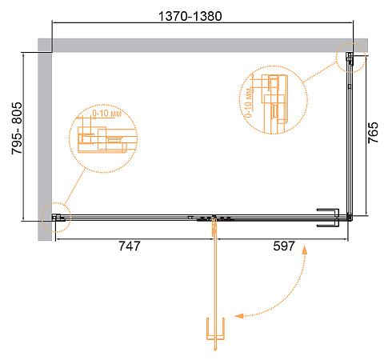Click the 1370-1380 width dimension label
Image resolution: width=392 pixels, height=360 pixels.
pyautogui.click(x=190, y=16)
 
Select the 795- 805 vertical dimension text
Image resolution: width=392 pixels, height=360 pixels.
pyautogui.click(x=17, y=128)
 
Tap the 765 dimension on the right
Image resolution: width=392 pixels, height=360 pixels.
pyautogui.click(x=373, y=133)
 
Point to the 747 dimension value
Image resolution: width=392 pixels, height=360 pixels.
pyautogui.click(x=130, y=246)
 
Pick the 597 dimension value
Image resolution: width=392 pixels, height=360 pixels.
pyautogui.click(x=284, y=246)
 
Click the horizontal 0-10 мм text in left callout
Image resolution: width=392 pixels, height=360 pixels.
pyautogui.click(x=107, y=114)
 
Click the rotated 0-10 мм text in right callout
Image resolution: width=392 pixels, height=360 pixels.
pyautogui.click(x=248, y=102)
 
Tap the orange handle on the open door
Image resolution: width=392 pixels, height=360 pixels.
pyautogui.click(x=215, y=329)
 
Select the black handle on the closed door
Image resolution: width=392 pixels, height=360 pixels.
pyautogui.click(x=328, y=218)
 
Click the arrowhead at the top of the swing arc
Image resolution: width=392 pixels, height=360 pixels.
pyautogui.click(x=304, y=250)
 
